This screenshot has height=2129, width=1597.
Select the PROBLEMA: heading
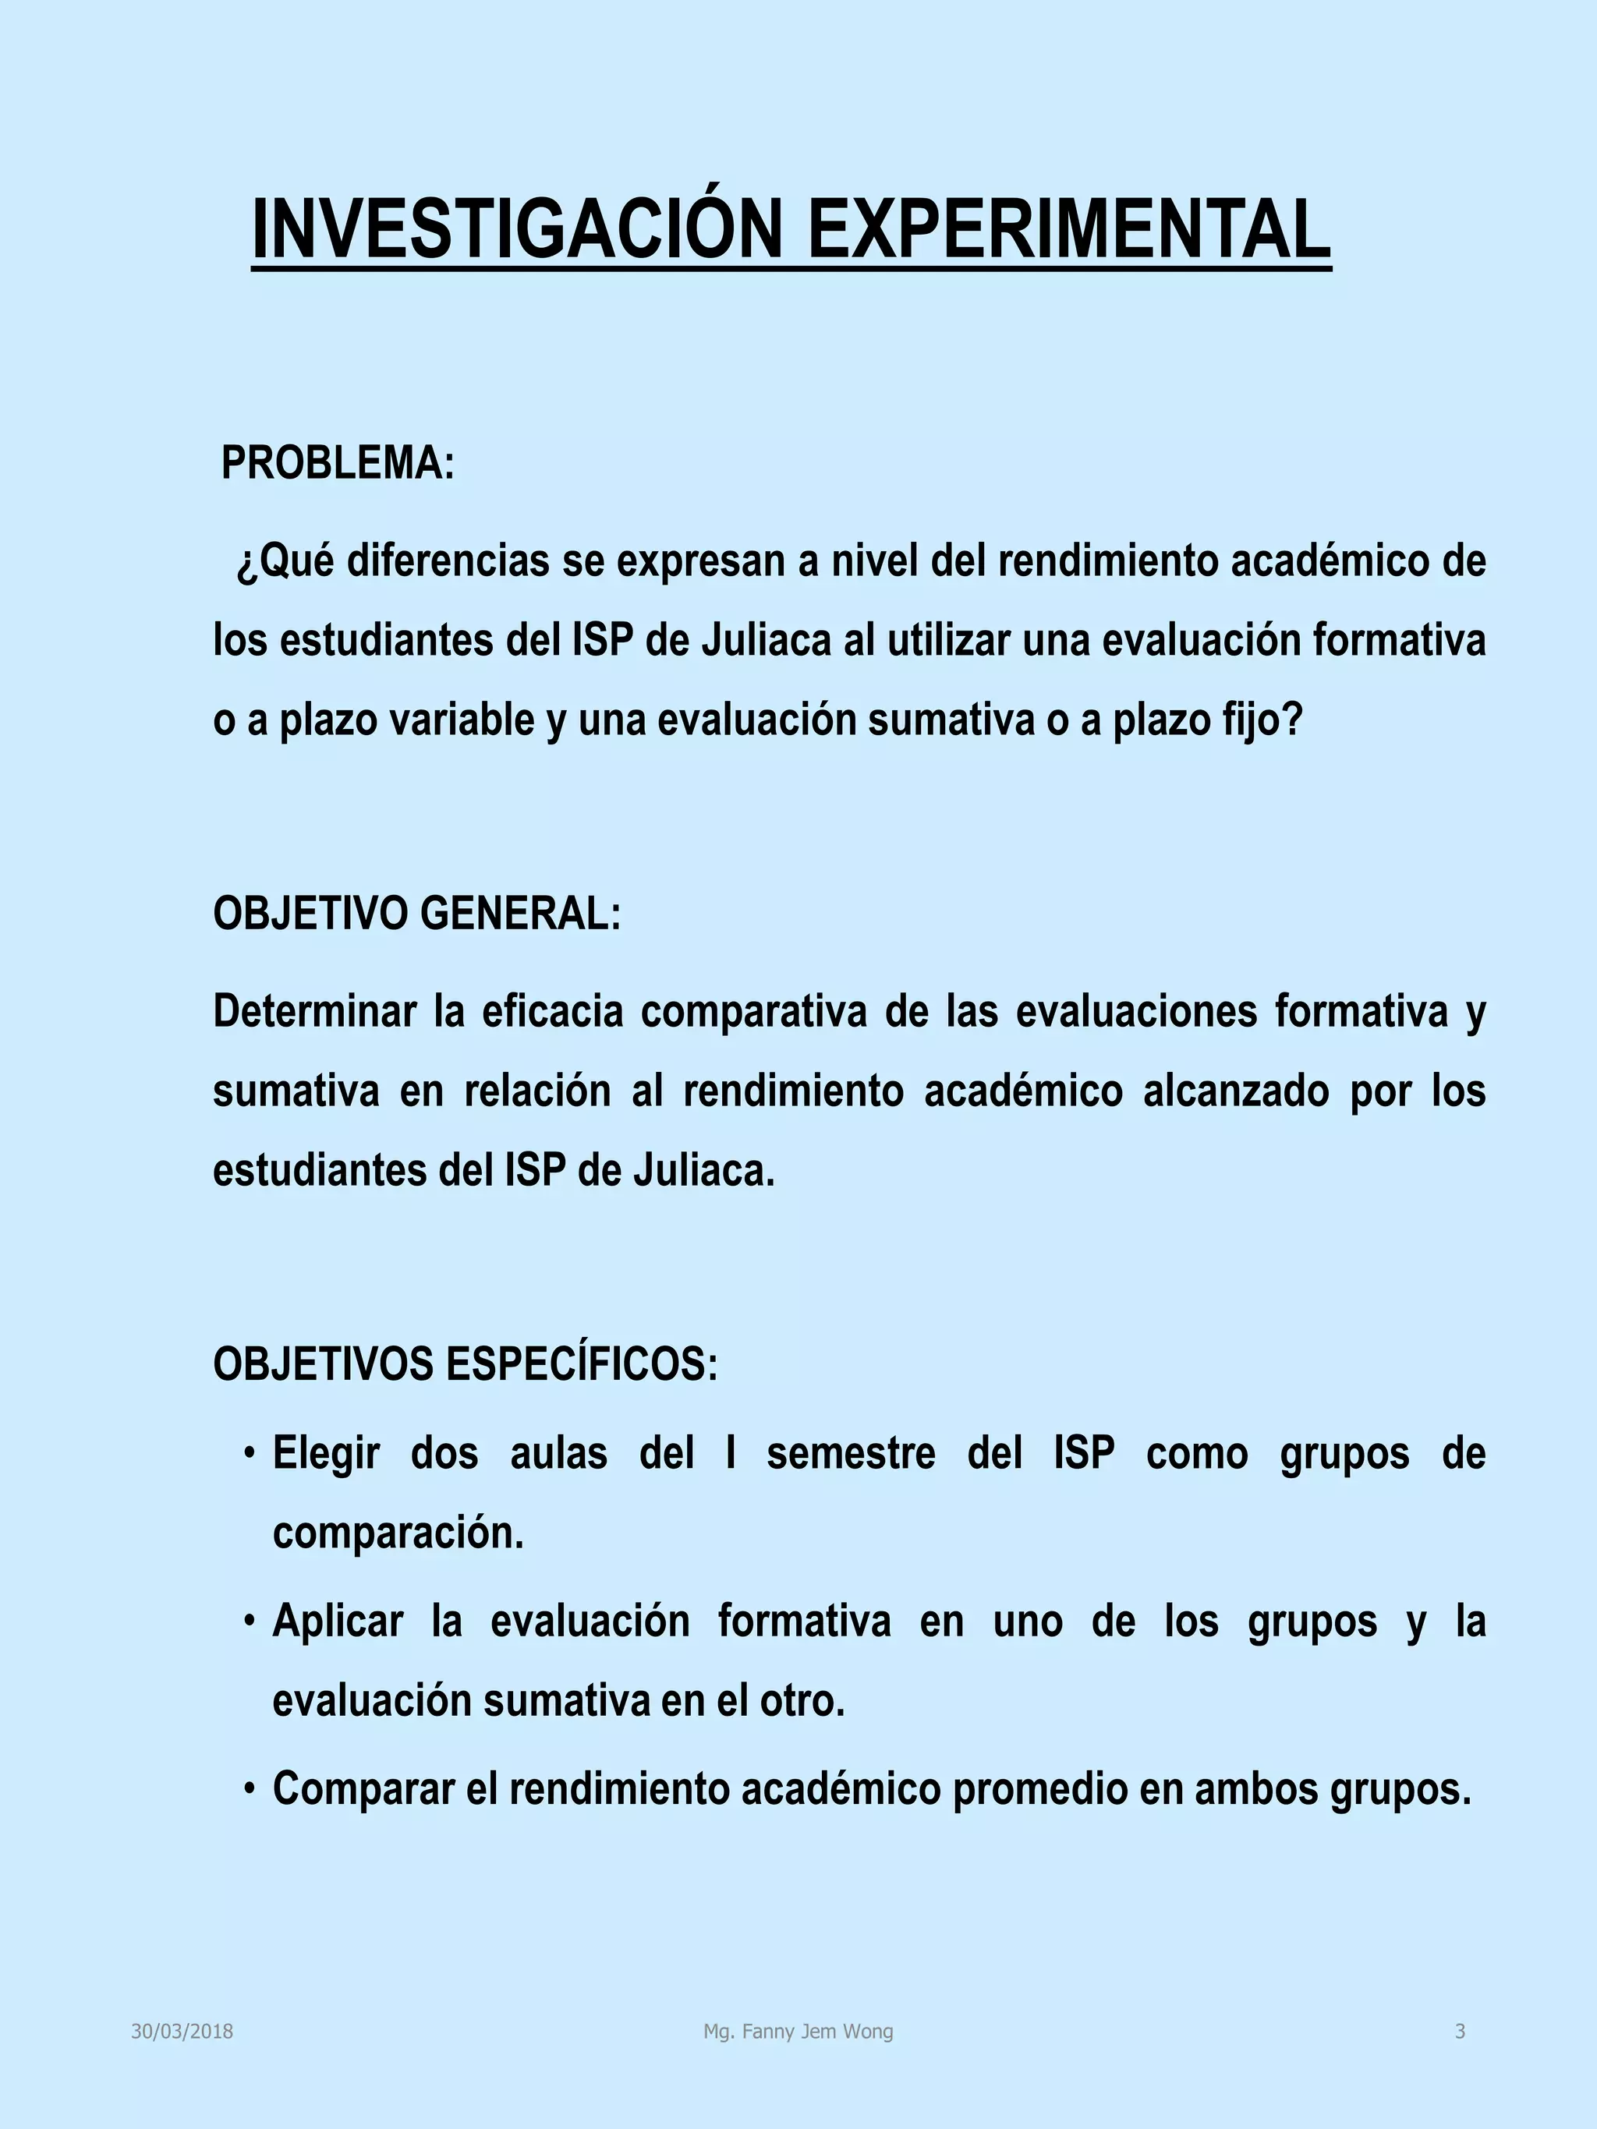point(338,464)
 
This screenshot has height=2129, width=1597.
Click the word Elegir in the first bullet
point(326,1453)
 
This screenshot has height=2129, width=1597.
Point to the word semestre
point(851,1453)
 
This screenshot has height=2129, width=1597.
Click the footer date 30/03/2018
point(182,2032)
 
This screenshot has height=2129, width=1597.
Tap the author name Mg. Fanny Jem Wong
point(798,2032)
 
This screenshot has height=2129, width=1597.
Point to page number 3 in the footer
point(1459,2032)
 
